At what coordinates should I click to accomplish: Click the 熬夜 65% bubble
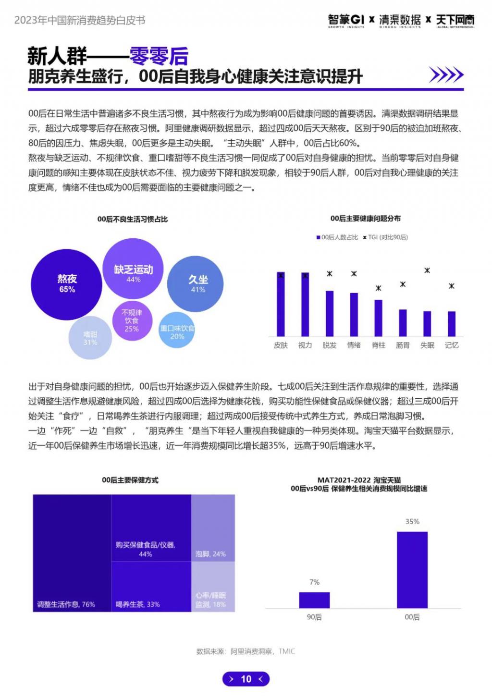coord(67,284)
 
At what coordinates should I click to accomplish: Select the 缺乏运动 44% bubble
coord(133,269)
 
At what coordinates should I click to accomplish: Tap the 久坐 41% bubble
coord(195,284)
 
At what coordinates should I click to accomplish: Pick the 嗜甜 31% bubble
coord(90,338)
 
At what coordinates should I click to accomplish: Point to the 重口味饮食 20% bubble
coord(177,331)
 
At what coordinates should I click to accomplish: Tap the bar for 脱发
coord(330,313)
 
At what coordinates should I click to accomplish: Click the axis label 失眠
coord(427,345)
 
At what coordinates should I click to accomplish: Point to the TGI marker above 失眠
coord(427,270)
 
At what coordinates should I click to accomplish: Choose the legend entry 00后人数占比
coord(337,237)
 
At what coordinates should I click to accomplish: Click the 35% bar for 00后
coord(412,570)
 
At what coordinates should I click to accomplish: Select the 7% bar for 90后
coord(314,600)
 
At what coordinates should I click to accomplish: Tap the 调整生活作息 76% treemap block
coord(72,552)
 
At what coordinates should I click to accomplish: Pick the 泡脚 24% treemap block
coord(213,528)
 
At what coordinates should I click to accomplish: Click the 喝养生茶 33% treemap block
coord(151,586)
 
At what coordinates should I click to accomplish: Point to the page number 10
coord(246,679)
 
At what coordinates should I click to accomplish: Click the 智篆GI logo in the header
coord(346,20)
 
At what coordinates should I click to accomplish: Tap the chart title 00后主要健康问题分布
coord(365,219)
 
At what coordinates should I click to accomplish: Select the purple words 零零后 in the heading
coord(159,57)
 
